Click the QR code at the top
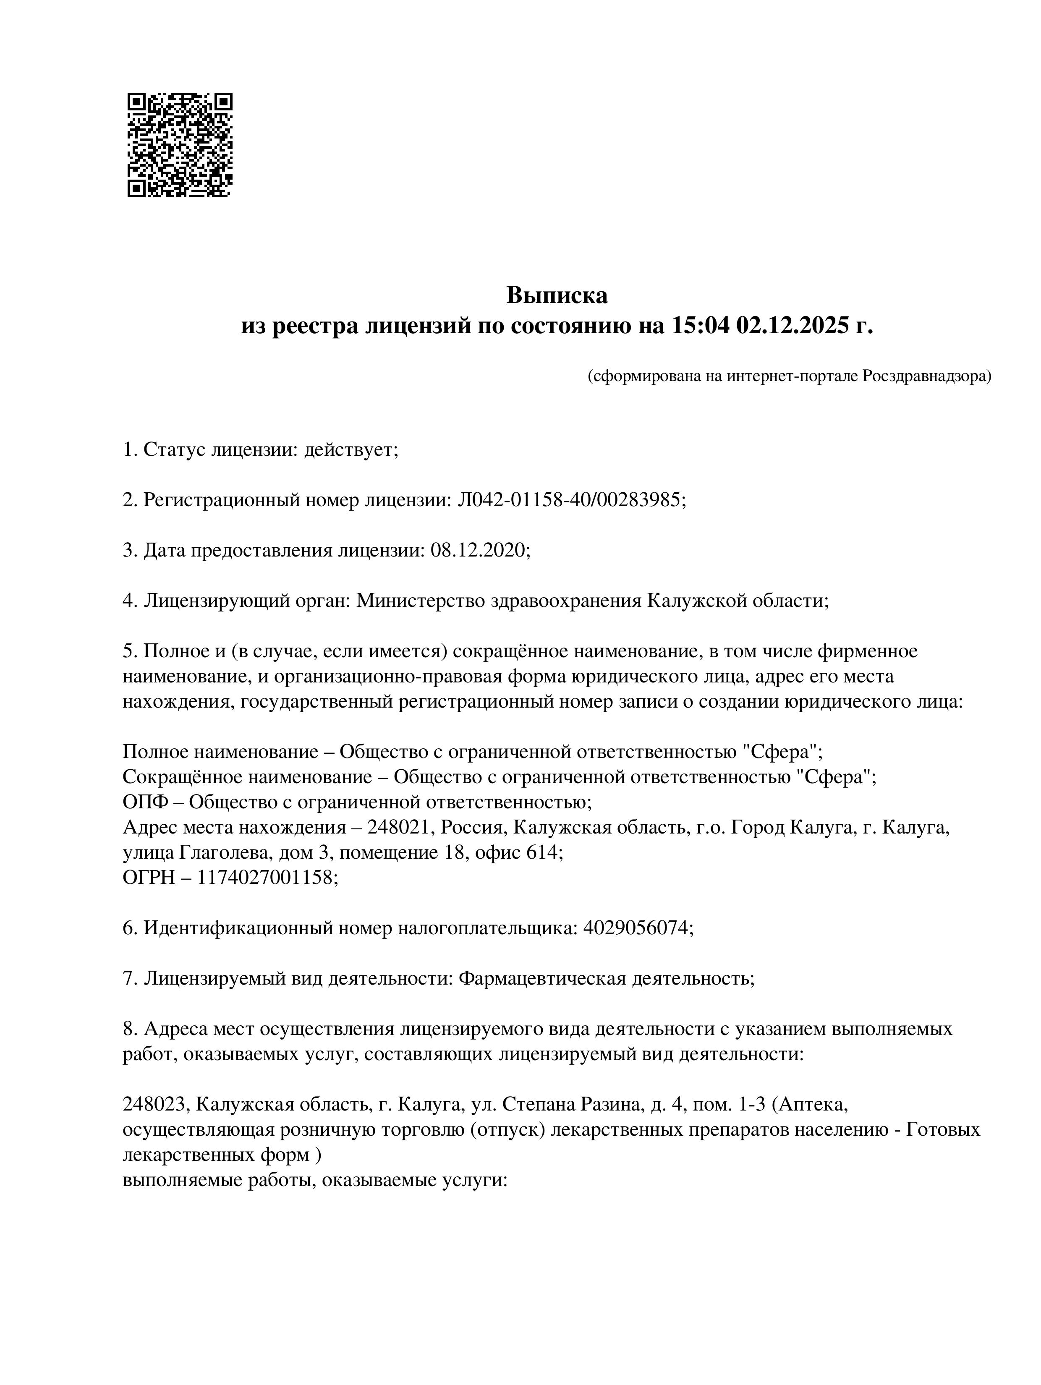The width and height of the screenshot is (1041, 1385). [180, 145]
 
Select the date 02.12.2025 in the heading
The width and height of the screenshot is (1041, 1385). [795, 326]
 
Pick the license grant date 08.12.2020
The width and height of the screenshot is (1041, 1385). [479, 550]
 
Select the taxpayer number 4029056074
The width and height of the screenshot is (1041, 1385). [637, 927]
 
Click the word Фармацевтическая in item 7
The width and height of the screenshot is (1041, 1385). [542, 977]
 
